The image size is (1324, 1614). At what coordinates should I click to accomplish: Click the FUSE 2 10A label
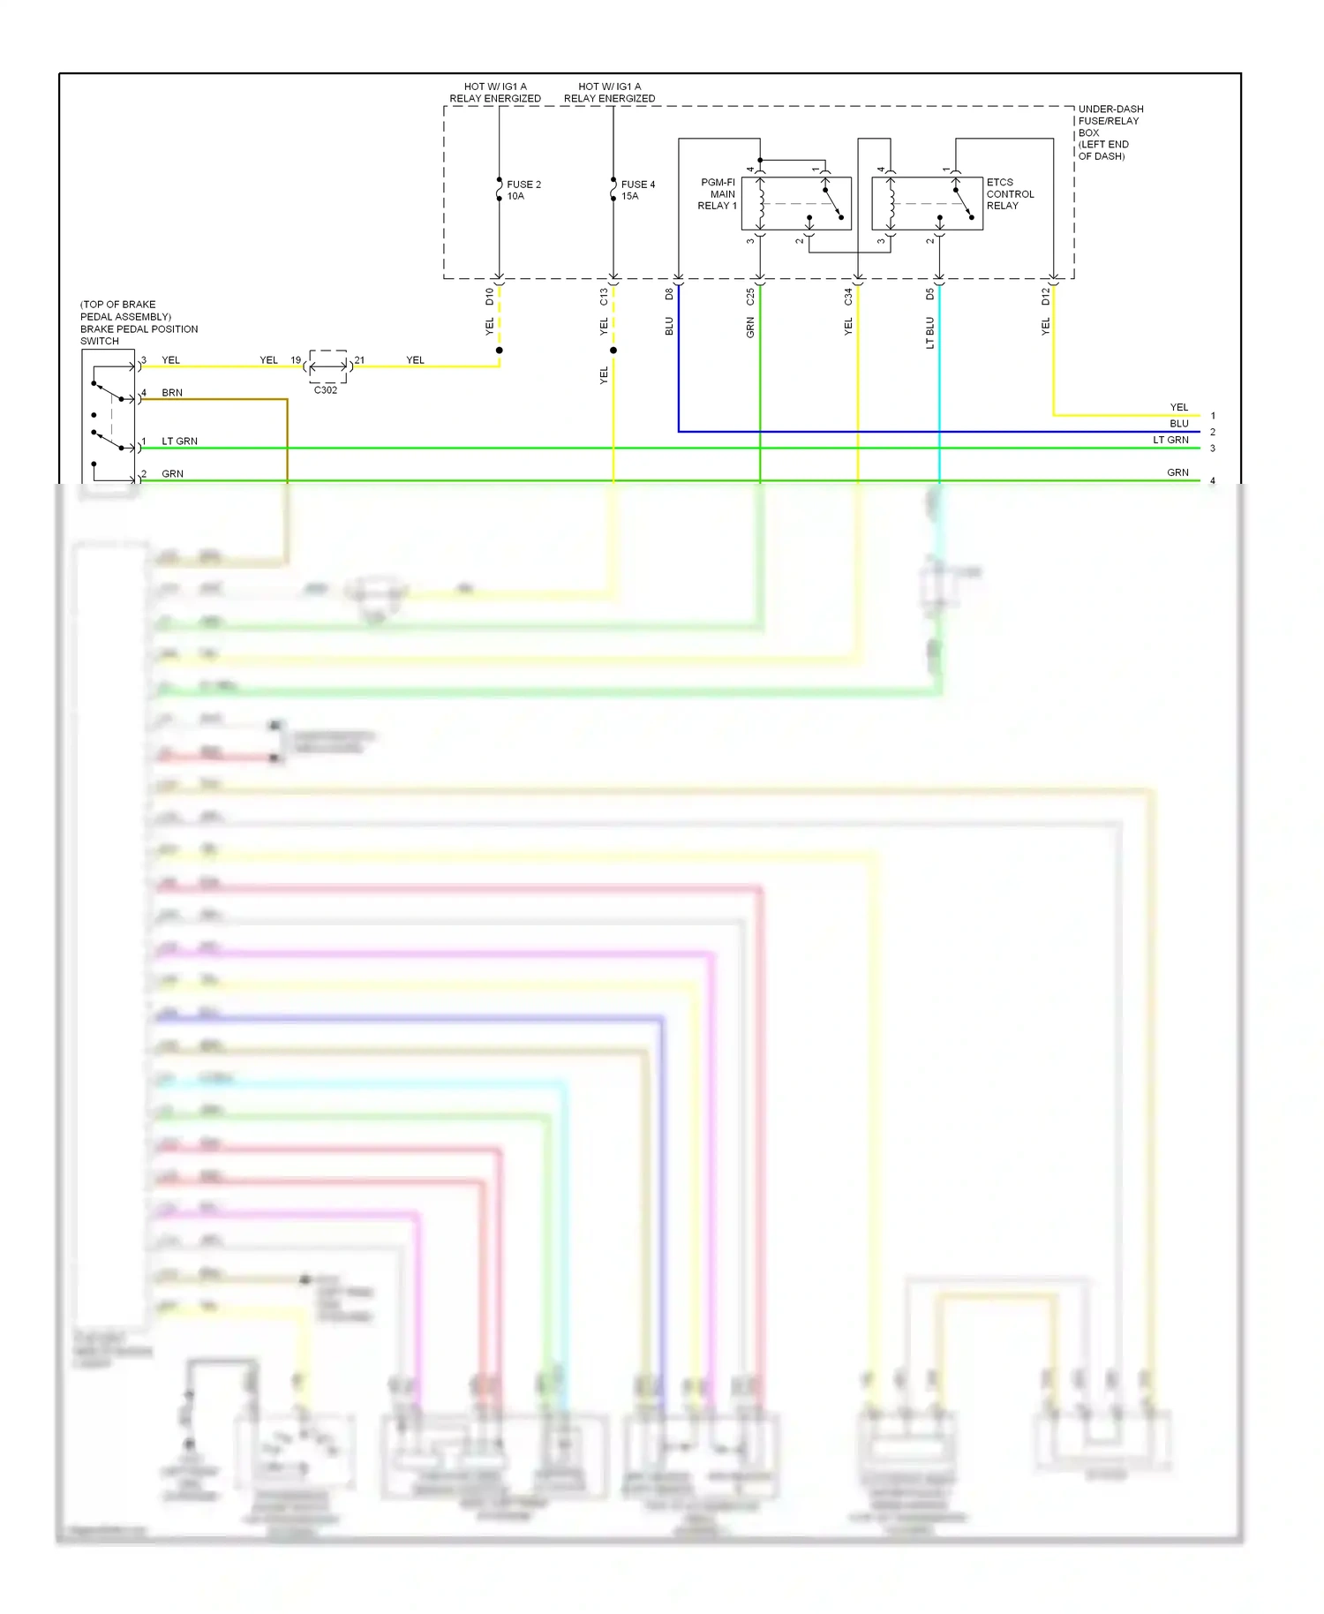tap(523, 191)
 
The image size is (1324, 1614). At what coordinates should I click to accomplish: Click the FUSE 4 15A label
tap(637, 191)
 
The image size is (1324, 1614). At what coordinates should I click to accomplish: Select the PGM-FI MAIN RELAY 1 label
tap(718, 194)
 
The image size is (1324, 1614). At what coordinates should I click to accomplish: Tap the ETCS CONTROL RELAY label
tap(1010, 194)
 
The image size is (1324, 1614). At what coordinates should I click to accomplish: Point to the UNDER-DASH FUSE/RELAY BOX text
tap(1110, 132)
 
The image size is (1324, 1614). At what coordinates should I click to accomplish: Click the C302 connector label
tap(326, 390)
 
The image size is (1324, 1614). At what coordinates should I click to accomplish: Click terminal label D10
tap(490, 297)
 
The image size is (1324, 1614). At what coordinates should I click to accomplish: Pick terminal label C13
tap(604, 297)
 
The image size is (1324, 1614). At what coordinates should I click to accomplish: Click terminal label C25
tap(750, 297)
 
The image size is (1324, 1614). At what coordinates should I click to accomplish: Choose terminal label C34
tap(848, 297)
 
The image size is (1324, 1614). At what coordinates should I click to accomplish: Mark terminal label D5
tap(929, 294)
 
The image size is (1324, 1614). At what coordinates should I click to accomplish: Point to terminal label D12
tap(1045, 297)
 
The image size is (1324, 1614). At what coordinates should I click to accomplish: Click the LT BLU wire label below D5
tap(929, 333)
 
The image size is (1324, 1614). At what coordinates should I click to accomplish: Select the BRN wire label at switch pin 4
tap(172, 393)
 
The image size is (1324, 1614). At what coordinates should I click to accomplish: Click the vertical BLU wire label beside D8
tap(669, 327)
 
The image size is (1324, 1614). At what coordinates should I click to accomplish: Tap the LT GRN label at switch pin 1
tap(179, 441)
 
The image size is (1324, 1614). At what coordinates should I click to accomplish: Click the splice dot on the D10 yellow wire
tap(500, 351)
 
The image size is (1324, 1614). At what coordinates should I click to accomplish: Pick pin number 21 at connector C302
tap(359, 360)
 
